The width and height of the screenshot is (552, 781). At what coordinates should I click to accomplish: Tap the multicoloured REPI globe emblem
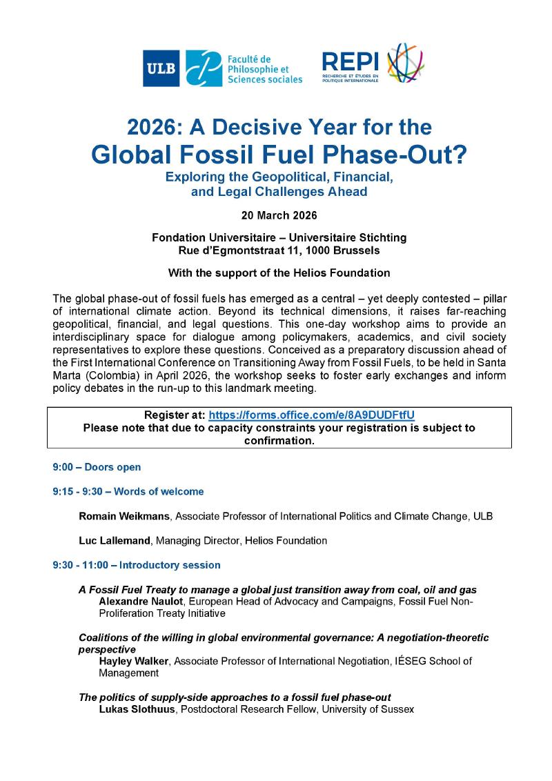405,63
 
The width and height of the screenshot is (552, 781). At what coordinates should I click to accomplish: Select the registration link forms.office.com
311,415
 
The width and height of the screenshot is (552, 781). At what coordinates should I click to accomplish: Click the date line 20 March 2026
279,215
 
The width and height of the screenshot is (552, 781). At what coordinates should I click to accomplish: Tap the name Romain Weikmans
121,516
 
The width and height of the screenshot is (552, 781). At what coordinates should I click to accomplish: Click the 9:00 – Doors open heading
97,467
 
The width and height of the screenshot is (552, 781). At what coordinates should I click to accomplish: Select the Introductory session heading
170,565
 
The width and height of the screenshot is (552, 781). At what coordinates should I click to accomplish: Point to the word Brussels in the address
355,249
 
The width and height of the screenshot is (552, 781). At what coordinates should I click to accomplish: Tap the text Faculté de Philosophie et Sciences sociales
264,69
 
